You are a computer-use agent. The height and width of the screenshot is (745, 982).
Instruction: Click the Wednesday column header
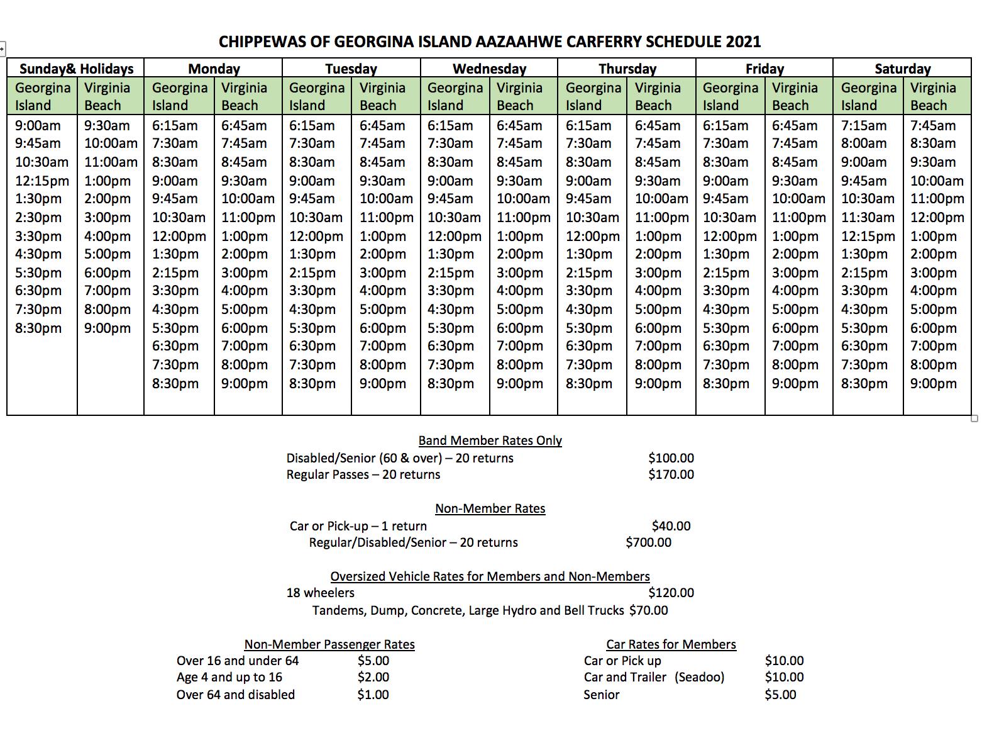489,69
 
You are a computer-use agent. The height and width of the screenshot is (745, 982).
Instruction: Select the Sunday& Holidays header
76,69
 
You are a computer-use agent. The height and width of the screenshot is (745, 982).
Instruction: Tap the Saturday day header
902,69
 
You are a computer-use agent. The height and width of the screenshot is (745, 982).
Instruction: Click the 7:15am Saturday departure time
864,125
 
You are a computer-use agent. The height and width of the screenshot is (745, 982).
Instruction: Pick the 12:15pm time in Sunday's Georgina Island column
42,181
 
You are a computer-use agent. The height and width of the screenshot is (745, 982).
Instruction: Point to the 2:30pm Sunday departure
38,217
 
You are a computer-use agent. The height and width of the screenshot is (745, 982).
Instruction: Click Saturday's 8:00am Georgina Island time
864,143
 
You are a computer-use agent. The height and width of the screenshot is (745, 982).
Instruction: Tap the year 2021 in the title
743,42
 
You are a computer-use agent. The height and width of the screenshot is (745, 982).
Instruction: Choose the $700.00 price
648,542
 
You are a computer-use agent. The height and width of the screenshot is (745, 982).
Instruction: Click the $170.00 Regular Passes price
671,474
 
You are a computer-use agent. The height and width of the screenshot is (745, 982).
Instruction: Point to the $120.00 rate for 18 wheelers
671,593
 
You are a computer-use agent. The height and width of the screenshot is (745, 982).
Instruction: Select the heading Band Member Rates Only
490,440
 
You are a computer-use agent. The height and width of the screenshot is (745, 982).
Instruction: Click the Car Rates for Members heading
671,644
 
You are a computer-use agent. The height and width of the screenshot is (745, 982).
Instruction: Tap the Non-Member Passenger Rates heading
329,644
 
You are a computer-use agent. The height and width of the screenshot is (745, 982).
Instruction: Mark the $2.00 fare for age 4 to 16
373,677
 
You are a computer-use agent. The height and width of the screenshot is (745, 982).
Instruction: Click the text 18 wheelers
321,593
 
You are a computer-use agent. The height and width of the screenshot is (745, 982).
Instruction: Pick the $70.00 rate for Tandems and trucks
648,610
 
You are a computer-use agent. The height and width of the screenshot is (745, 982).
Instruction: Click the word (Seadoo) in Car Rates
700,677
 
